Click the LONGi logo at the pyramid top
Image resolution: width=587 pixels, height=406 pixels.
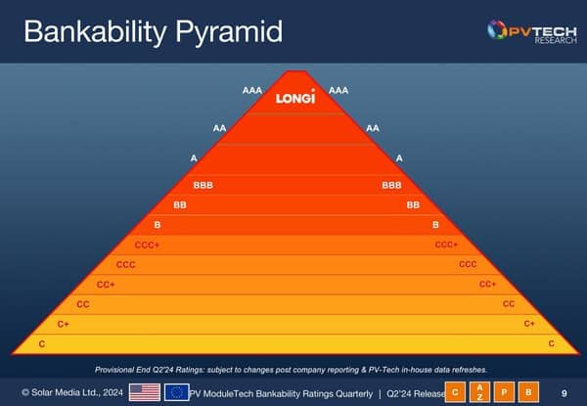[x=295, y=97]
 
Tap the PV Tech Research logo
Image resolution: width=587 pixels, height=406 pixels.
[x=532, y=32]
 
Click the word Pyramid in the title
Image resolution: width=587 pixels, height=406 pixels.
[x=229, y=32]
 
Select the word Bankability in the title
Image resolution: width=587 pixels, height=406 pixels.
[x=95, y=32]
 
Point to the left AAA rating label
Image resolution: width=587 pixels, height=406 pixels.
[x=252, y=90]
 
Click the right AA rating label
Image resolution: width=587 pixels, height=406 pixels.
[x=373, y=128]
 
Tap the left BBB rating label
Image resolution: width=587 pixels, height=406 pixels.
[x=203, y=185]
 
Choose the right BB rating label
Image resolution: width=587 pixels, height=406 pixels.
[x=413, y=204]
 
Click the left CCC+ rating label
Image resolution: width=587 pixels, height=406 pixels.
[x=147, y=245]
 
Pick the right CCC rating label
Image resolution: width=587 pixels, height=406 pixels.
[x=468, y=264]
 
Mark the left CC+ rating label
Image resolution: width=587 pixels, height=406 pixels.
[x=106, y=285]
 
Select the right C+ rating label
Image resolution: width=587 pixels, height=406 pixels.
[x=529, y=323]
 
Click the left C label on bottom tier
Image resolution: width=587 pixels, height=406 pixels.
[x=42, y=343]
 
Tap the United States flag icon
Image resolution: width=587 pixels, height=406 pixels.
[x=145, y=392]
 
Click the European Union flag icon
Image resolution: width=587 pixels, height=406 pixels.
[x=176, y=392]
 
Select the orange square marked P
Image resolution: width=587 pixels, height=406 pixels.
[x=504, y=392]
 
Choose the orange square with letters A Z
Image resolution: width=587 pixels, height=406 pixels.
[x=479, y=392]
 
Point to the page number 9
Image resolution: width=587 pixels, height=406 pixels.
[x=564, y=393]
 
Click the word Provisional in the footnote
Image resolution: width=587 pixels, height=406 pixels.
[x=113, y=370]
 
